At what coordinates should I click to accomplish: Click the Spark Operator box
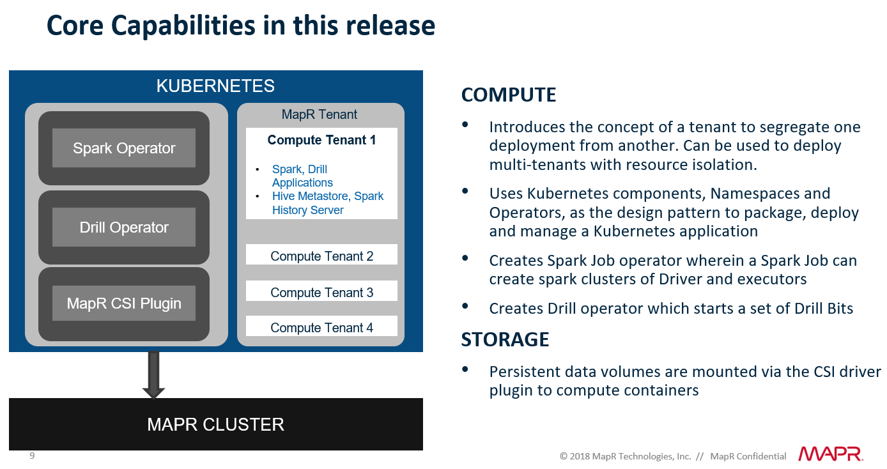point(124,148)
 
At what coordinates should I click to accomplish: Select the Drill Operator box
point(124,227)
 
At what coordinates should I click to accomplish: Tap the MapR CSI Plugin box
point(124,304)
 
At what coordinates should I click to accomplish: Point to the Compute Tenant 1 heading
point(321,140)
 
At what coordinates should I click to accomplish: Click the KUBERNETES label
point(215,86)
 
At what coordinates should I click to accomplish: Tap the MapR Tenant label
point(320,114)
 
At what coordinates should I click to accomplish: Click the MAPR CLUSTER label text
point(215,424)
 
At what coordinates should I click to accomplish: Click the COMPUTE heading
point(509,95)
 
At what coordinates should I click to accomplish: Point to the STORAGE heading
point(505,339)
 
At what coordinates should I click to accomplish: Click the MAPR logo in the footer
point(830,454)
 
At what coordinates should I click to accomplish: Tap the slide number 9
point(32,456)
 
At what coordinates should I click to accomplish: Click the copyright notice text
point(672,456)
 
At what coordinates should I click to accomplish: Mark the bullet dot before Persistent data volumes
point(465,369)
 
